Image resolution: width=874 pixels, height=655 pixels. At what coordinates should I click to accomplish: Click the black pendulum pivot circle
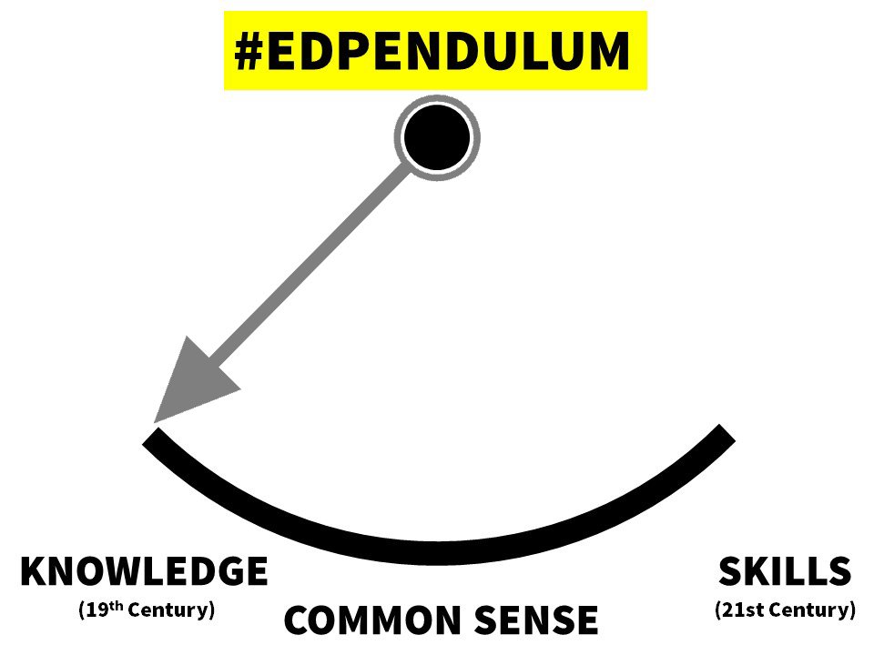coord(437,137)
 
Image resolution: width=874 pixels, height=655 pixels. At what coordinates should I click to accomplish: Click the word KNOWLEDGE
coord(144,572)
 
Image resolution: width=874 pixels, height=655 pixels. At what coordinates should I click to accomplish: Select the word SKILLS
coord(785,572)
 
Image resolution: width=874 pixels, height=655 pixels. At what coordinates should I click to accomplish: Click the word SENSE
coord(540,620)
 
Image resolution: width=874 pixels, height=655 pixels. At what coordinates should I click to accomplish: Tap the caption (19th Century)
coord(147,609)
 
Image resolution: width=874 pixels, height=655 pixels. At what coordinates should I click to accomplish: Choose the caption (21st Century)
coord(785,609)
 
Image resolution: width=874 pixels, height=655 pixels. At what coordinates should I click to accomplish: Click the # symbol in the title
coord(249,51)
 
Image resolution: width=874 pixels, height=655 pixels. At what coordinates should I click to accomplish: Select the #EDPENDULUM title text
coord(432,51)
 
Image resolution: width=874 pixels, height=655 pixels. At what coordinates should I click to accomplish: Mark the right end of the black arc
coord(726,433)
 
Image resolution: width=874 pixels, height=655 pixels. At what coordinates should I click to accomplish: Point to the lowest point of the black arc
coord(437,550)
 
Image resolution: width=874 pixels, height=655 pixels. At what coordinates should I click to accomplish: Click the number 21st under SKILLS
coord(742,609)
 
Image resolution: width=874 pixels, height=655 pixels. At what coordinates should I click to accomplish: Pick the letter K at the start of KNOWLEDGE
coord(34,572)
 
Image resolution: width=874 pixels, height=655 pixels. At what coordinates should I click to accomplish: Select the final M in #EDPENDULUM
coord(607,51)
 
